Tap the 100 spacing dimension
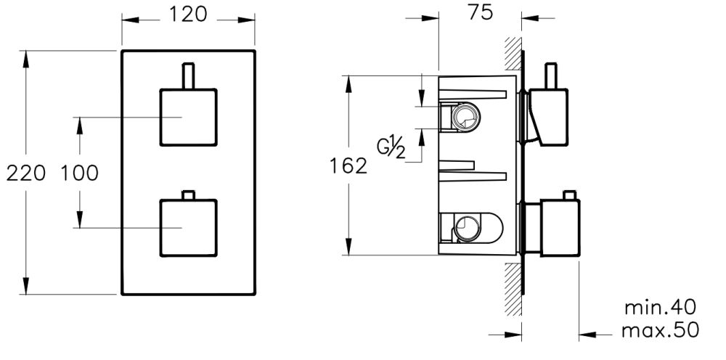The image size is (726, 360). [79, 173]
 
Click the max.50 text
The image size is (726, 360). [660, 330]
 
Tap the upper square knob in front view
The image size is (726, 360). [187, 117]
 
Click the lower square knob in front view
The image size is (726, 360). [187, 226]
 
